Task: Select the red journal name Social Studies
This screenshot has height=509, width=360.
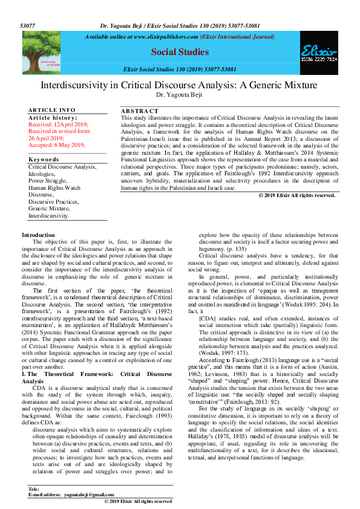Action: pyautogui.click(x=180, y=53)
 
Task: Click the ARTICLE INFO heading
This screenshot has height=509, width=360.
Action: pyautogui.click(x=52, y=109)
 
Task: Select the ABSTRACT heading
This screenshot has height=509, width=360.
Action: pyautogui.click(x=140, y=111)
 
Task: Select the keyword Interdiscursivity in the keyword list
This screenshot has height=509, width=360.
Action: pyautogui.click(x=49, y=215)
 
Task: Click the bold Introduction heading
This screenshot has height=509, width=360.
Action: pyautogui.click(x=38, y=235)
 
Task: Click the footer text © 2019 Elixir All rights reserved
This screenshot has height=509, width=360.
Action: pyautogui.click(x=138, y=501)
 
